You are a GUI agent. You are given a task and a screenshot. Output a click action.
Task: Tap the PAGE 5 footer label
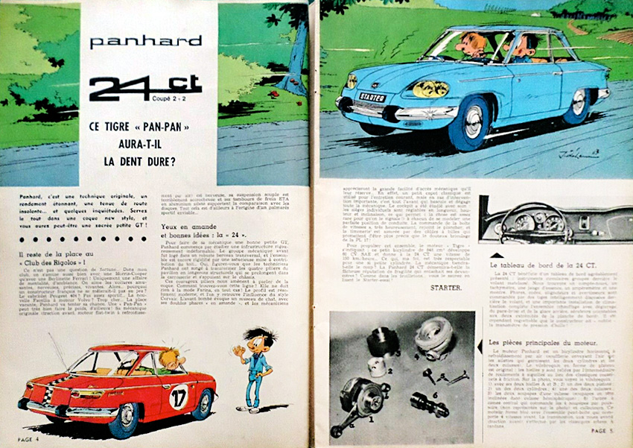pyautogui.click(x=604, y=430)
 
